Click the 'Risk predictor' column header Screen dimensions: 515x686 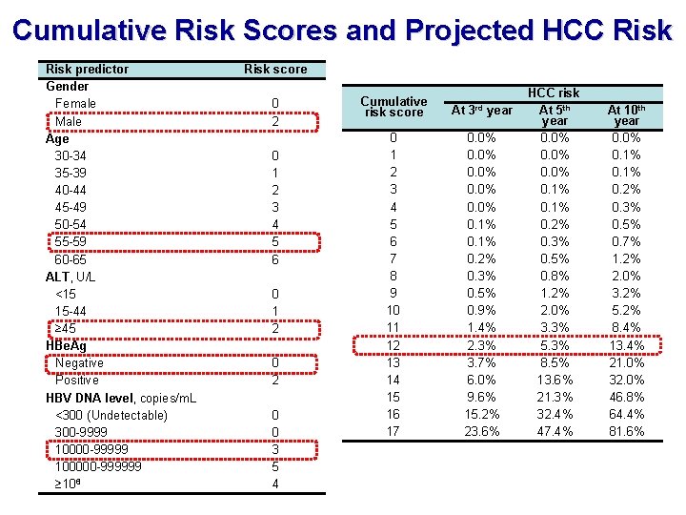[87, 69]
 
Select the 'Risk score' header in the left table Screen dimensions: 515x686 [275, 69]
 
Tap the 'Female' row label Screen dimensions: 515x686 [75, 103]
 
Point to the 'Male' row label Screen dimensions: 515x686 [69, 121]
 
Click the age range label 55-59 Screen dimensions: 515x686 [71, 241]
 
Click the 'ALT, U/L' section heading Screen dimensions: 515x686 [71, 277]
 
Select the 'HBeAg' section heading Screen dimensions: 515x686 [66, 345]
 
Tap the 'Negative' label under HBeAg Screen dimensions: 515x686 [79, 362]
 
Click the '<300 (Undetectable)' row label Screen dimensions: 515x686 [111, 415]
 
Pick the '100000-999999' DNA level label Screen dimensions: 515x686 [98, 466]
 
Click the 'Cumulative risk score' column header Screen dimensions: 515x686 [393, 107]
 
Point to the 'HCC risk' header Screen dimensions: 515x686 [554, 93]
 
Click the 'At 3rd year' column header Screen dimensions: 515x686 [481, 110]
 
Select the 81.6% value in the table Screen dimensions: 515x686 [627, 431]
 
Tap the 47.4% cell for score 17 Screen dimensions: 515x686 [555, 431]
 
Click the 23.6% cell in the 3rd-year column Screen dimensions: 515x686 [481, 431]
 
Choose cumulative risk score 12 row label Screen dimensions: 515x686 [393, 345]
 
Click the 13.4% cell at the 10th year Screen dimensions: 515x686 [627, 345]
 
